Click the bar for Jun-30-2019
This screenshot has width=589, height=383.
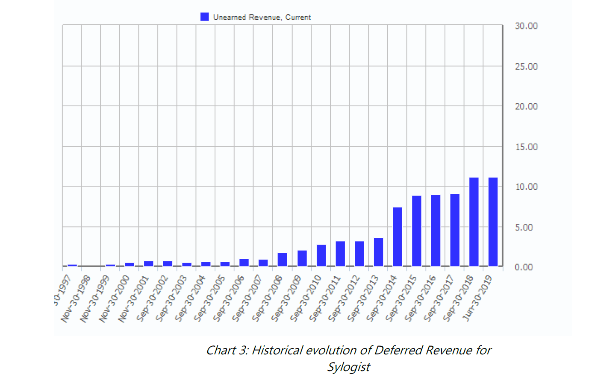[493, 222]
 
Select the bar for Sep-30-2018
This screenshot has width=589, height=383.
[474, 222]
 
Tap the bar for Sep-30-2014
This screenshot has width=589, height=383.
[398, 237]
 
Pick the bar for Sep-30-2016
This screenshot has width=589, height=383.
[436, 231]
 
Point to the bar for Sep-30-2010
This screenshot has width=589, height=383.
[321, 255]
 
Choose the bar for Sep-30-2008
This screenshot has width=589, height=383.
[283, 260]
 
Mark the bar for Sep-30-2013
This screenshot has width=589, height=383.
[378, 252]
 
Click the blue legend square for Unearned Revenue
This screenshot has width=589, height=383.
[205, 17]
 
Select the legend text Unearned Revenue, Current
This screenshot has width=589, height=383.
[262, 18]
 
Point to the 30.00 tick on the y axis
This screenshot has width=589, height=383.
[526, 26]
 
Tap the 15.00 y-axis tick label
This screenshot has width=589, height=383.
[526, 147]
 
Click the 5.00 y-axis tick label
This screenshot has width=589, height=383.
[524, 227]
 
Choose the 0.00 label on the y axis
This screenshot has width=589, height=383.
[524, 267]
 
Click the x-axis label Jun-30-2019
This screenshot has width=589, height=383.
[478, 298]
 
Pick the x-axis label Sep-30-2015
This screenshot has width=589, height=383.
[401, 298]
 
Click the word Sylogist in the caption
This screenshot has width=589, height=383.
[348, 367]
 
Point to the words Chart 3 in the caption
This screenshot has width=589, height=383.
[226, 351]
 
